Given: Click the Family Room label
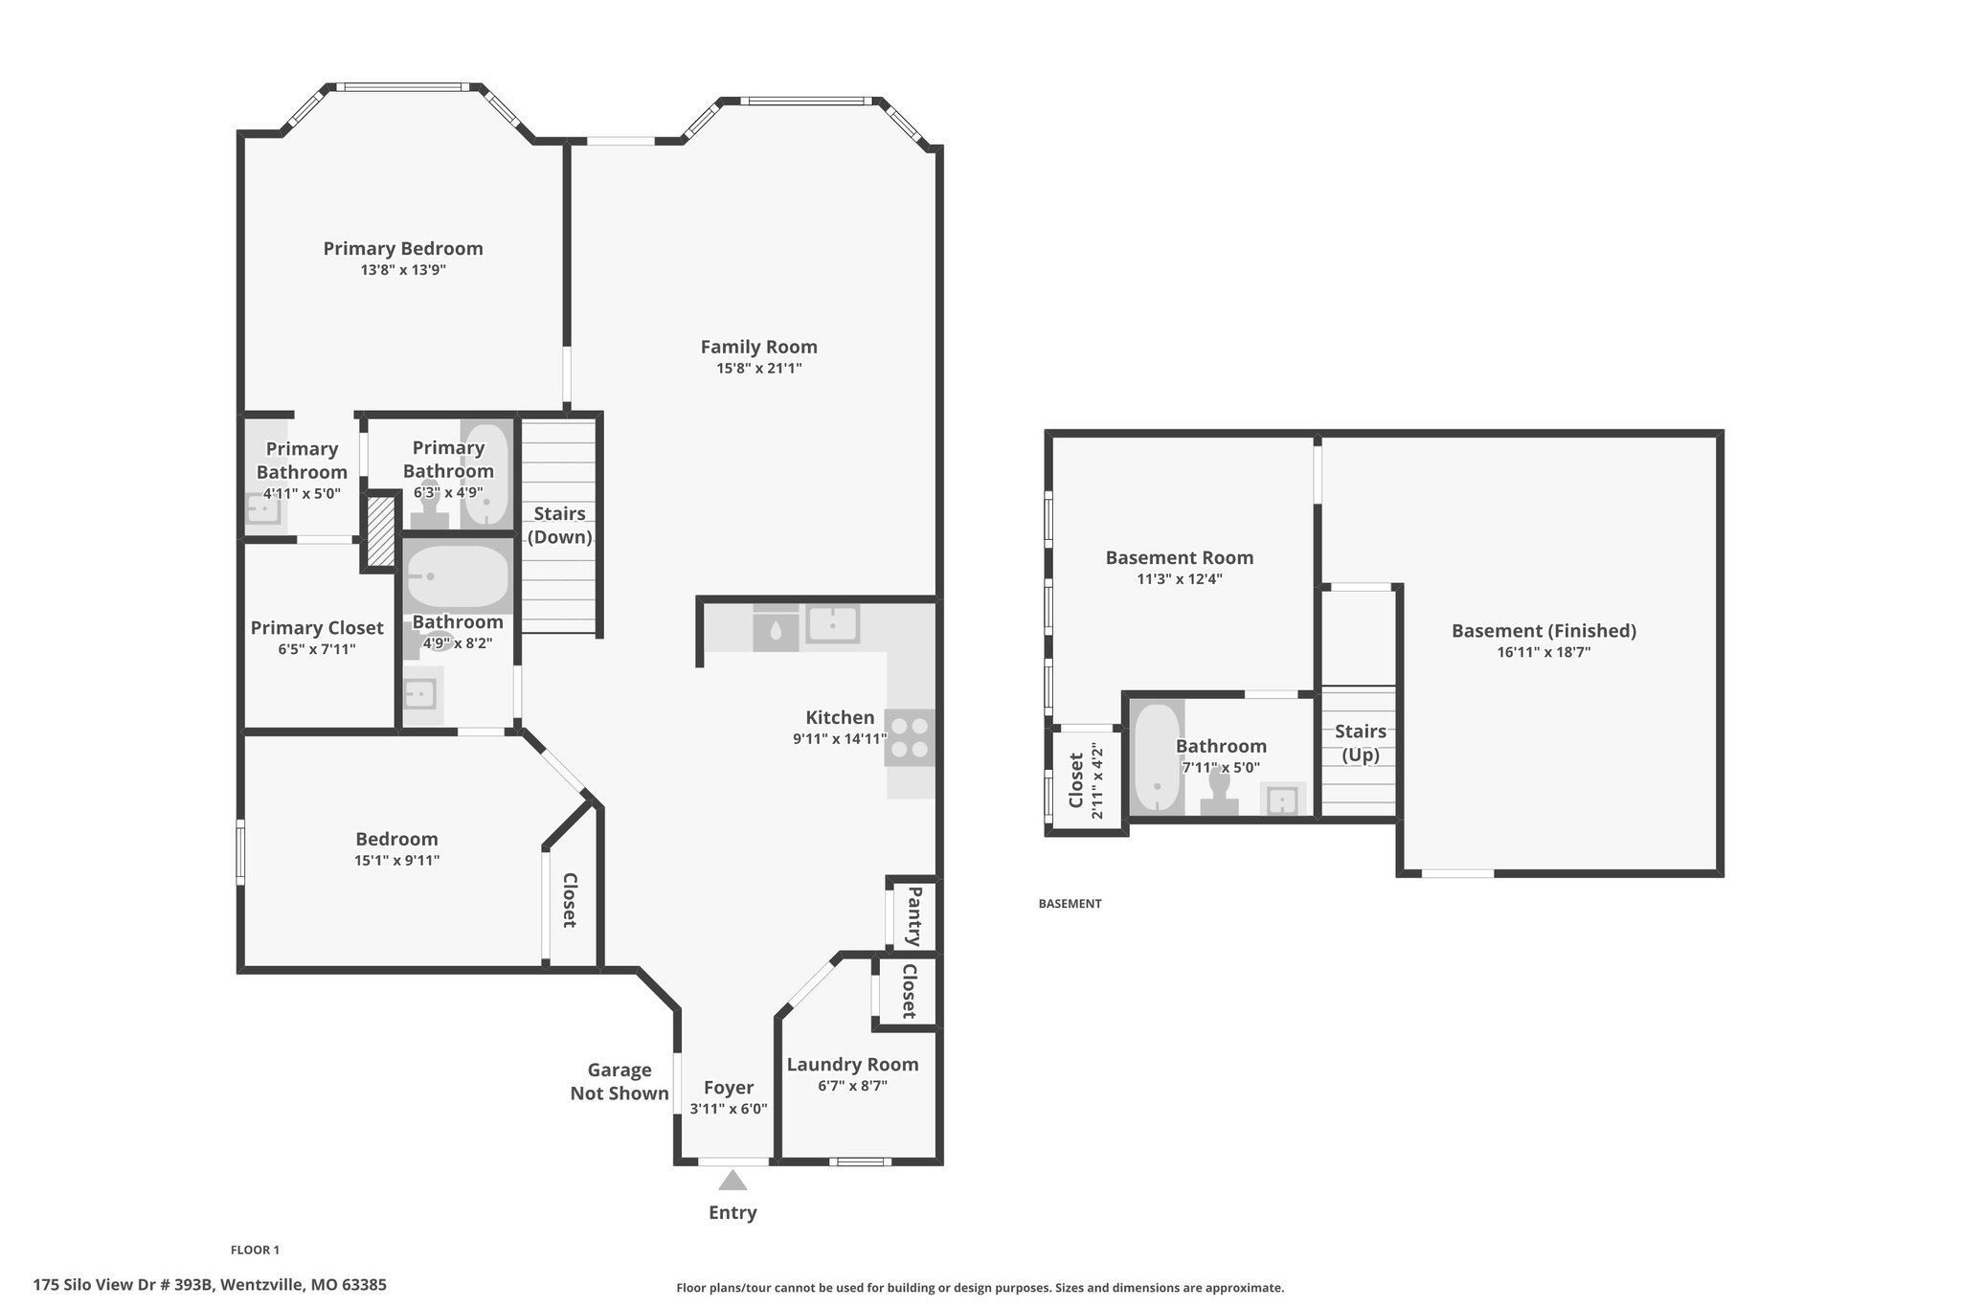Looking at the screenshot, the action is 758,347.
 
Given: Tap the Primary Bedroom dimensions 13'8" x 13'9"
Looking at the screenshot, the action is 403,270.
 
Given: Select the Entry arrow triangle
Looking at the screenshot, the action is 733,1180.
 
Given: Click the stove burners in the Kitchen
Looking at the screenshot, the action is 910,737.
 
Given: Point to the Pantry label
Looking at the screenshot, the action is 913,915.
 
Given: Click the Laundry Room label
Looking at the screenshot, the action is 852,1064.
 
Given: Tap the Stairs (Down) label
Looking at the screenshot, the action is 560,525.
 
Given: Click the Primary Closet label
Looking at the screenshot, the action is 317,627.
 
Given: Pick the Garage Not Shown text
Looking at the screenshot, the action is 620,1081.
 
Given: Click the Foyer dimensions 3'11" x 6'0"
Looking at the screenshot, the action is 729,1109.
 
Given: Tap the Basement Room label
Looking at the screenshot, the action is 1179,557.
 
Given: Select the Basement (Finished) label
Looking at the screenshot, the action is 1544,630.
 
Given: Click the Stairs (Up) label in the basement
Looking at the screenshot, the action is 1360,743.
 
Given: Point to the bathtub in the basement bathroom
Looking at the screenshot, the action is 1157,757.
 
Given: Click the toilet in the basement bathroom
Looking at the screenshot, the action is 1219,792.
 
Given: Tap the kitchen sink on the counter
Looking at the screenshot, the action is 832,624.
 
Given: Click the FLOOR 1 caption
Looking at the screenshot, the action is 255,1250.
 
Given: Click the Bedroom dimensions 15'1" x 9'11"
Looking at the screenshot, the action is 396,860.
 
